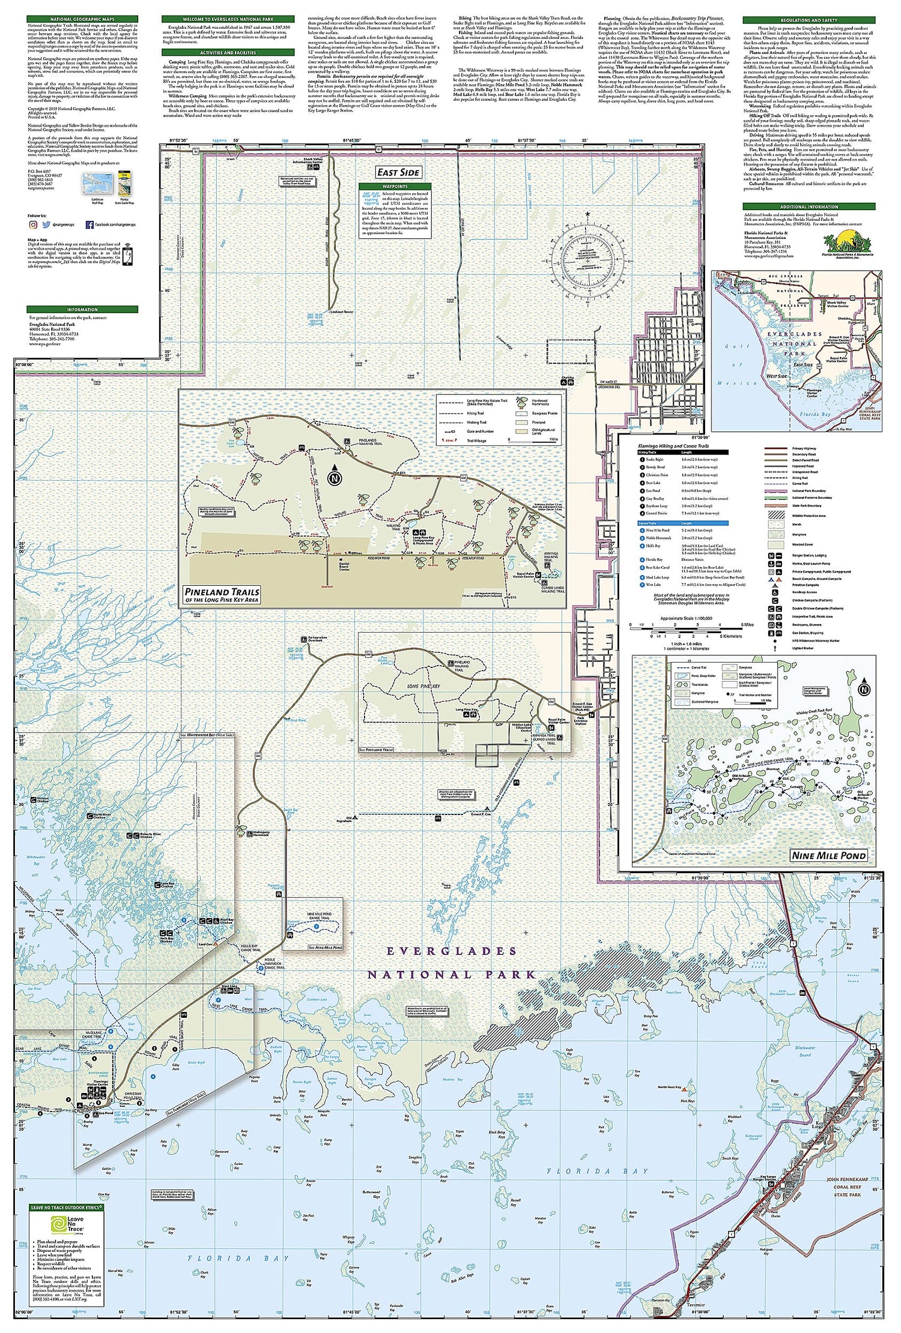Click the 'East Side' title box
(x=398, y=172)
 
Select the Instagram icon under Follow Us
(x=33, y=224)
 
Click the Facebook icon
(x=89, y=224)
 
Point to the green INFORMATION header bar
(x=82, y=310)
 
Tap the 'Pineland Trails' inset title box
(x=222, y=595)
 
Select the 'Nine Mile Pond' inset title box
(x=828, y=855)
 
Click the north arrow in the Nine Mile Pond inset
(x=864, y=689)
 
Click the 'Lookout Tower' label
(x=342, y=312)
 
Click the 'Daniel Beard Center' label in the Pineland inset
(x=344, y=567)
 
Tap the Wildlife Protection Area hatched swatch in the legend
(x=777, y=515)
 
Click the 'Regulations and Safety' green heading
(x=808, y=20)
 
